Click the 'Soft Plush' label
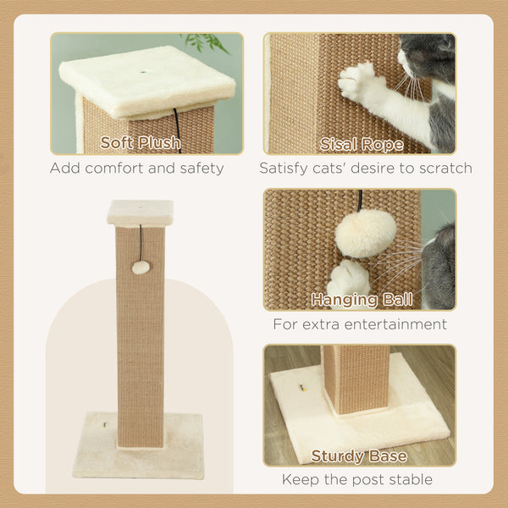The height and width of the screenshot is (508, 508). click(x=140, y=142)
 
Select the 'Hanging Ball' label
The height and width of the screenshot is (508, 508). click(x=362, y=299)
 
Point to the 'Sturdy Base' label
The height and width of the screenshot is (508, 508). click(x=359, y=456)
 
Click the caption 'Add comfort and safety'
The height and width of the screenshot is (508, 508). click(x=136, y=168)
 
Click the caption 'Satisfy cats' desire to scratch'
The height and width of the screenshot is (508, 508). click(x=366, y=168)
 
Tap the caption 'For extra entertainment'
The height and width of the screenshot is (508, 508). click(x=360, y=324)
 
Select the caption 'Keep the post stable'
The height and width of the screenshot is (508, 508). click(x=357, y=480)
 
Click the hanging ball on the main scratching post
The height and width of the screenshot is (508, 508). click(x=141, y=267)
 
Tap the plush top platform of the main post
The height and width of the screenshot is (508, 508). click(x=140, y=212)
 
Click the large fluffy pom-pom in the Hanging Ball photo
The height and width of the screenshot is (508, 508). click(x=365, y=234)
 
